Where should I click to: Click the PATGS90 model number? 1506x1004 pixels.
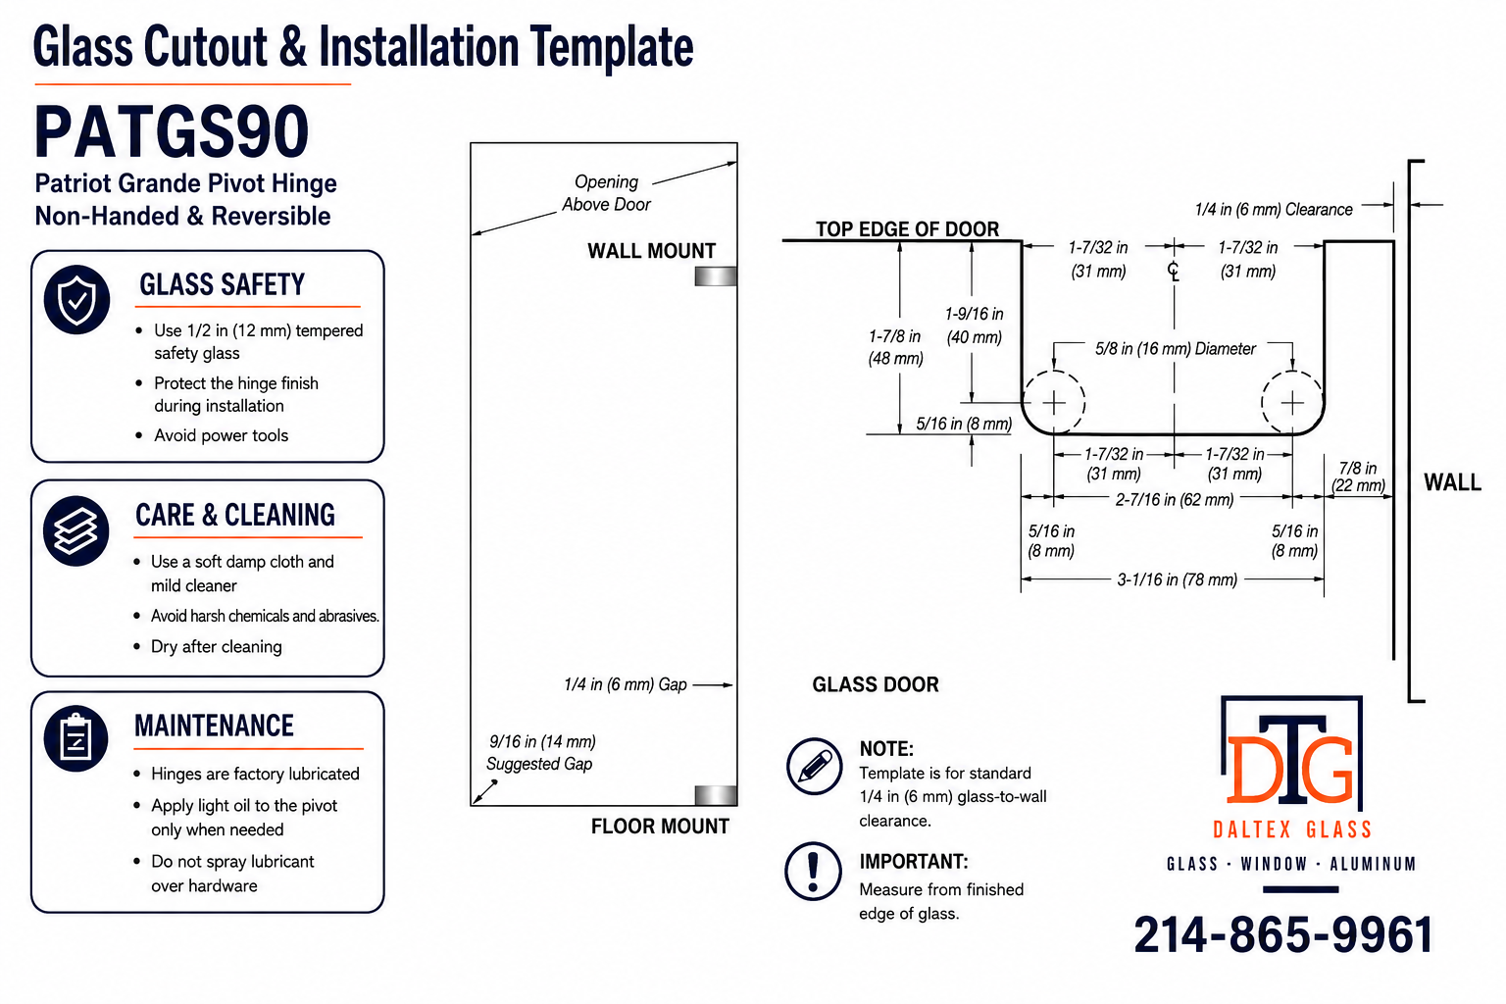172,131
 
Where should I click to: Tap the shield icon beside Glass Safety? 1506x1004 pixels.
76,299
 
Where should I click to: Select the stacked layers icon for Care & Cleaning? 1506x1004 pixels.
75,530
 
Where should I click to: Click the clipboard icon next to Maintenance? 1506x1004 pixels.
75,737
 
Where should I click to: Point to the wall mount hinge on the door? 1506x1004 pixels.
716,276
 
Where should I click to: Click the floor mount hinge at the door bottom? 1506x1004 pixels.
716,795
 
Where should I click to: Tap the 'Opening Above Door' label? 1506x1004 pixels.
607,193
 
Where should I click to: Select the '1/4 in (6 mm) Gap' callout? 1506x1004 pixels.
626,684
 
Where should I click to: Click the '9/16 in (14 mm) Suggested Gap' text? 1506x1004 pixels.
540,752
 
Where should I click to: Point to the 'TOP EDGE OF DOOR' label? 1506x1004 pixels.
907,228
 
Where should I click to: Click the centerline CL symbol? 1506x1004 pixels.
1174,271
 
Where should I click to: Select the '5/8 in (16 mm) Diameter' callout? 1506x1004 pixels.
1176,349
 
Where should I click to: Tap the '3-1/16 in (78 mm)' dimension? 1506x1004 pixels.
1177,579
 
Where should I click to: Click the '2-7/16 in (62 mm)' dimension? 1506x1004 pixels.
1175,500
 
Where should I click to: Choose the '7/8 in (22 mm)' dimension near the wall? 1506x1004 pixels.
1358,477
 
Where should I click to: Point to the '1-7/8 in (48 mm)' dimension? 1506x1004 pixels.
895,347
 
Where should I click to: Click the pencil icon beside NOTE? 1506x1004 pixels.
814,766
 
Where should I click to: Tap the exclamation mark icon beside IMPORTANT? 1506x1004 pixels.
813,871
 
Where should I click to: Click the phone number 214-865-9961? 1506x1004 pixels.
1283,934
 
